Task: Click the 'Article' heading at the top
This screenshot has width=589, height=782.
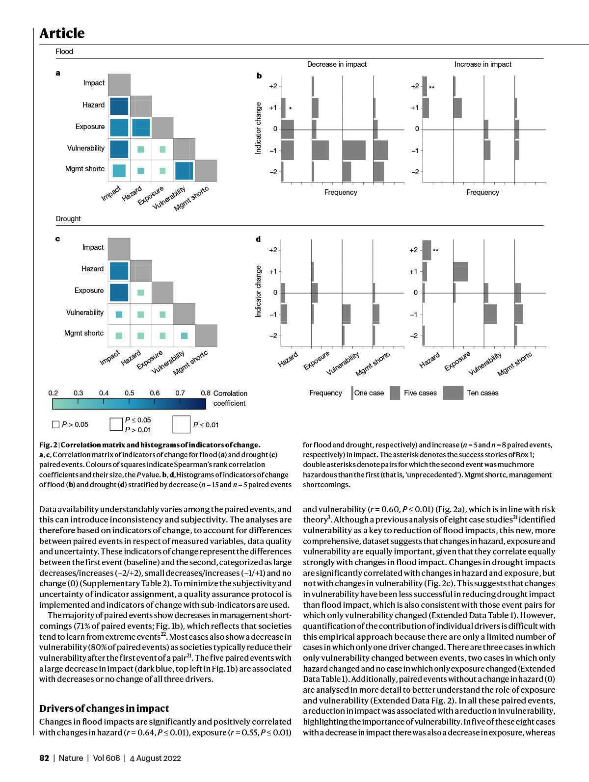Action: (62, 33)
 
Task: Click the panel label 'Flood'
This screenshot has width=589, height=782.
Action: (64, 52)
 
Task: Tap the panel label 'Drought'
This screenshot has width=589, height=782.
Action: (68, 219)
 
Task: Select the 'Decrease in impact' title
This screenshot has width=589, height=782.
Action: (337, 64)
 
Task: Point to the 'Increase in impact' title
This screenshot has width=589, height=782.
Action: (482, 64)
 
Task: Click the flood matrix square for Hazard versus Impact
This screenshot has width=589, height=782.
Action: (119, 106)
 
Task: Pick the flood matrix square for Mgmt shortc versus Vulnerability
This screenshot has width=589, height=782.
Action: (184, 171)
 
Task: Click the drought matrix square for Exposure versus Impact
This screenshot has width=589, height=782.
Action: (119, 292)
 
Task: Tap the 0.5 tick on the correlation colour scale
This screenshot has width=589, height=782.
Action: (129, 393)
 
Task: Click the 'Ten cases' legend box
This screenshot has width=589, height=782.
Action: (453, 393)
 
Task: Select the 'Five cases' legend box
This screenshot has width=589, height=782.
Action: (395, 393)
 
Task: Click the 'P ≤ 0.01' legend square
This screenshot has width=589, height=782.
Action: (181, 425)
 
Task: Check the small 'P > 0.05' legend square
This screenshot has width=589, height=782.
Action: (55, 424)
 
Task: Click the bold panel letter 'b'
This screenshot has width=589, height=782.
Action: (259, 76)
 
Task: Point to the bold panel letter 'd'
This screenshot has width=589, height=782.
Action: (258, 239)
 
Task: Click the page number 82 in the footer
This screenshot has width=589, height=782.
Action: (44, 758)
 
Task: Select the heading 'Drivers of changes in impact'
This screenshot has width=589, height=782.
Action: (104, 708)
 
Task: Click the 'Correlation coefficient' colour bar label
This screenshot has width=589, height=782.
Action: (230, 398)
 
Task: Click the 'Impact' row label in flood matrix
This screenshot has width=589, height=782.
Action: (94, 83)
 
